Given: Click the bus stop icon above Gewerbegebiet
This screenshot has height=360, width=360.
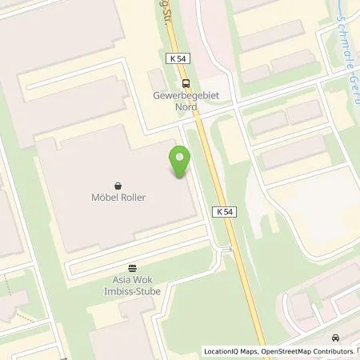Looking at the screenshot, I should point(186,82).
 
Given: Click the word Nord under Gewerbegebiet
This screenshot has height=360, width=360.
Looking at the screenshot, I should point(186,105).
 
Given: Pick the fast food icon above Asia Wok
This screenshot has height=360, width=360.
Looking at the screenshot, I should point(132,268).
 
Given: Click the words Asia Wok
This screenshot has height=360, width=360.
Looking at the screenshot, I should point(132,280).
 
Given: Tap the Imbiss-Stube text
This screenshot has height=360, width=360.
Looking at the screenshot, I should point(132,291).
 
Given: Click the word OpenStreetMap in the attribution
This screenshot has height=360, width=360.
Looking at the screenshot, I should point(284,351).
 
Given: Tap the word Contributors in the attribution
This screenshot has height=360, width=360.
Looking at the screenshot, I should point(332,351).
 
